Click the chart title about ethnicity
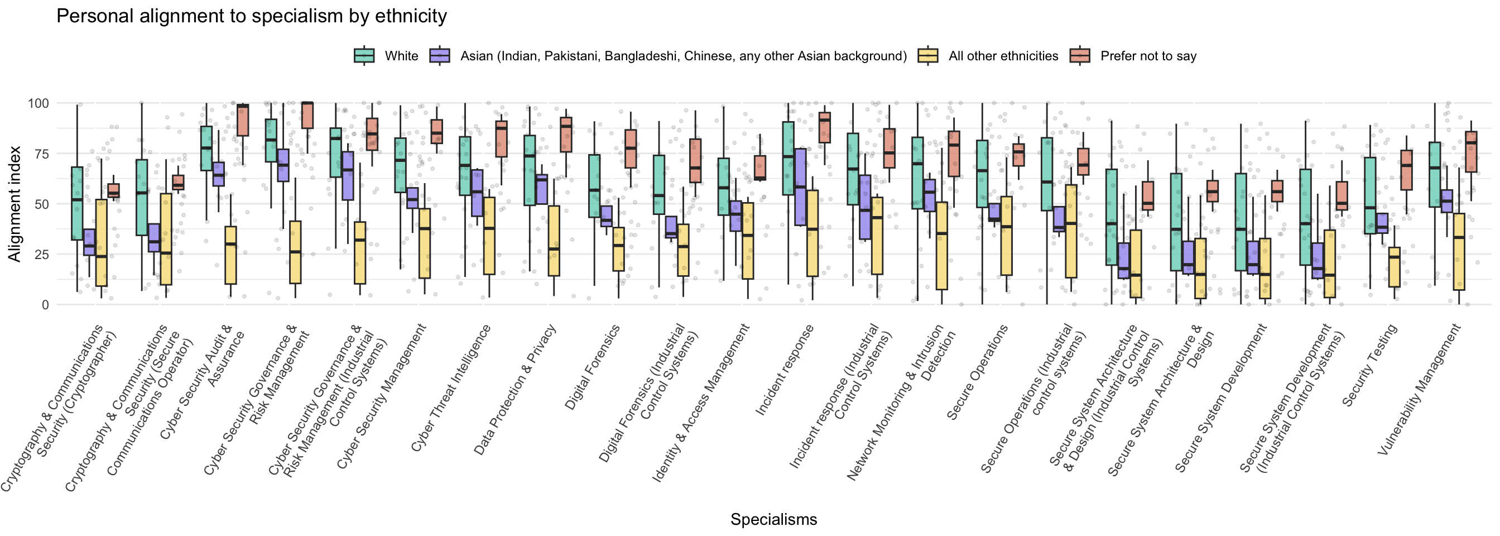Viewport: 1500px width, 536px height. pos(252,16)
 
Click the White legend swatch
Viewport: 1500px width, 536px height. pos(364,56)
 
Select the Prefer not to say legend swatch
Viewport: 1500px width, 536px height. pos(1080,56)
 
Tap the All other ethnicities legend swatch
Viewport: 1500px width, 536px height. pos(927,56)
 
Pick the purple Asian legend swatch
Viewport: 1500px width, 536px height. pos(440,56)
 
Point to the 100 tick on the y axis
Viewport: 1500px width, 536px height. pos(39,104)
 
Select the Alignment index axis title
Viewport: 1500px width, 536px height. pos(14,204)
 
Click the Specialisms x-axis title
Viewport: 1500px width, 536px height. pos(773,519)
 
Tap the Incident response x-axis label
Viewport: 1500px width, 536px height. pos(785,371)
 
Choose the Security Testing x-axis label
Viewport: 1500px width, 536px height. pos(1369,365)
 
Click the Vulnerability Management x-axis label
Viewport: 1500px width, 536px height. pos(1420,389)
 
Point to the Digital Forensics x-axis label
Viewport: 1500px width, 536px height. pos(593,367)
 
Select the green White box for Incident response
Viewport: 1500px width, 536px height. pos(788,158)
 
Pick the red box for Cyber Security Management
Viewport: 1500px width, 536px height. pos(437,132)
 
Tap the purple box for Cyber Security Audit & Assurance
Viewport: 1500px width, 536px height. pos(218,174)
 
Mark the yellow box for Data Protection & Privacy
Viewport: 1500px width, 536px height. pos(554,241)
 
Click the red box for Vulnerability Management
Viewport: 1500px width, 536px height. pos(1471,151)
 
